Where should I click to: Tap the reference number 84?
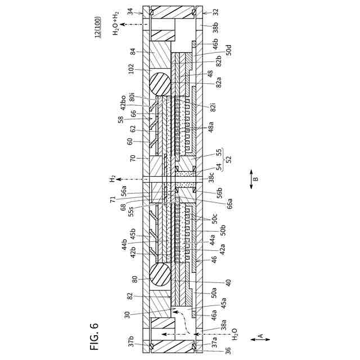coord(133,52)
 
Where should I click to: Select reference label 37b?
coord(130,341)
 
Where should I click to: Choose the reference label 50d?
coord(228,52)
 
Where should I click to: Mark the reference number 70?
coord(133,159)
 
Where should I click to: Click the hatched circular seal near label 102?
coord(160,84)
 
